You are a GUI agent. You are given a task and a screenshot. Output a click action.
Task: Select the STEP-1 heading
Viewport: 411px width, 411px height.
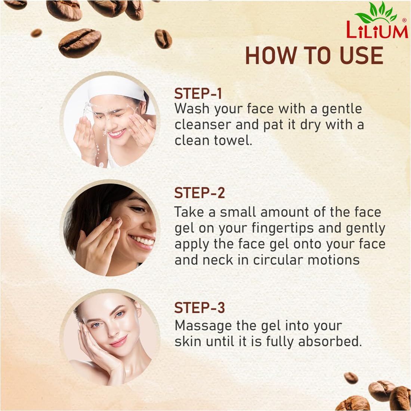click(x=198, y=93)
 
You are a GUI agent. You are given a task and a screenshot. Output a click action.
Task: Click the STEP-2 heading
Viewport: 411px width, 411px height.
click(x=200, y=193)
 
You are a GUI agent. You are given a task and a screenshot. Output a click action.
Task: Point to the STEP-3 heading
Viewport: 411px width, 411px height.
click(x=200, y=308)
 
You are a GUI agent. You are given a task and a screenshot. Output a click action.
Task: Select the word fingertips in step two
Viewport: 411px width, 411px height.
click(x=282, y=228)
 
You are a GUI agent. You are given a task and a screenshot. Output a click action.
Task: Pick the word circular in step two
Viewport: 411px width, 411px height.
click(x=278, y=260)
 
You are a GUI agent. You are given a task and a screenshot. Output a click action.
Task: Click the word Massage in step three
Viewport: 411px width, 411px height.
click(x=203, y=326)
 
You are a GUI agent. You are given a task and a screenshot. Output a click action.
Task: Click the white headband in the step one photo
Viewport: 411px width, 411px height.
click(x=116, y=89)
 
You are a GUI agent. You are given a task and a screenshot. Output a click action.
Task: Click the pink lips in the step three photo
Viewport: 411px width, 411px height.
click(x=119, y=341)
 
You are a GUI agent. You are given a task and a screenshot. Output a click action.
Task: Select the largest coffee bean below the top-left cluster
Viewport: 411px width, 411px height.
click(x=80, y=43)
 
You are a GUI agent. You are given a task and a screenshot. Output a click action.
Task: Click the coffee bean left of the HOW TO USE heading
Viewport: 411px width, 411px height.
click(x=163, y=39)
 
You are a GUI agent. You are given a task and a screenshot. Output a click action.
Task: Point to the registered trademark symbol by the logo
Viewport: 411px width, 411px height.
click(x=404, y=20)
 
